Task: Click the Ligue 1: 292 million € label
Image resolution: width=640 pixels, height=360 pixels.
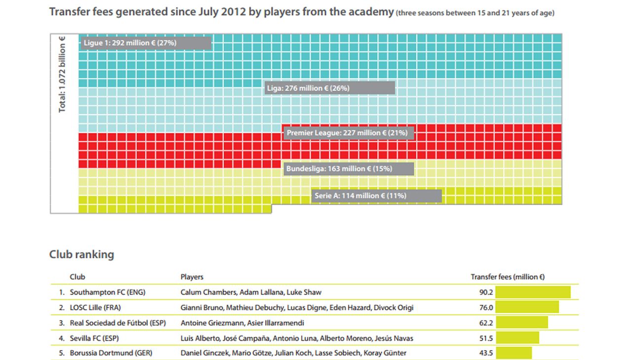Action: (x=146, y=43)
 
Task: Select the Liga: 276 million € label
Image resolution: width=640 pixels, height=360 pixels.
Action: (x=329, y=88)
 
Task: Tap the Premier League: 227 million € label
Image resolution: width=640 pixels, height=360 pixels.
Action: (x=348, y=133)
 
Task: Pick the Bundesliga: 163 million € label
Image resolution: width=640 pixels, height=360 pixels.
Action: (x=348, y=169)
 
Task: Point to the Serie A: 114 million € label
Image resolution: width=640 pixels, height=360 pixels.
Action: (x=377, y=196)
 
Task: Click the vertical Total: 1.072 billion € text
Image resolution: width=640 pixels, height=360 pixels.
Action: (x=63, y=78)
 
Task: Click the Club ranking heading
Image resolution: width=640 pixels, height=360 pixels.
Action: (x=81, y=254)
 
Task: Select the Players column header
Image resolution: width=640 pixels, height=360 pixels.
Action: (x=192, y=277)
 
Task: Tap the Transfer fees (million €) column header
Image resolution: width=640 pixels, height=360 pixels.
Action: (x=507, y=277)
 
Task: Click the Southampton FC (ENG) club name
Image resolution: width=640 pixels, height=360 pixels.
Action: (x=108, y=292)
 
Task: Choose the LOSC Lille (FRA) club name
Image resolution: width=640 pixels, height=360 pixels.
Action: (x=95, y=308)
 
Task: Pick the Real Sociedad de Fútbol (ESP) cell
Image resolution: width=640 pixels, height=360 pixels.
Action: (x=118, y=323)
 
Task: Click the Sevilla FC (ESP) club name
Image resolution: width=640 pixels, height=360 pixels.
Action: (x=94, y=338)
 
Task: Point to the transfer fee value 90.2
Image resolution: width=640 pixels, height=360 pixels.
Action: (x=486, y=292)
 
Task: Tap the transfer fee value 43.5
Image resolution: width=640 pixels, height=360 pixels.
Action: (x=486, y=353)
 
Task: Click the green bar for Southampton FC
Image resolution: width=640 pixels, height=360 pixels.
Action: (x=533, y=292)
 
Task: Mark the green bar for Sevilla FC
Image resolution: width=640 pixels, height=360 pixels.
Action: (x=517, y=338)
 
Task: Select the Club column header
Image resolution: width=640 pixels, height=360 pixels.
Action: (x=78, y=277)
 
